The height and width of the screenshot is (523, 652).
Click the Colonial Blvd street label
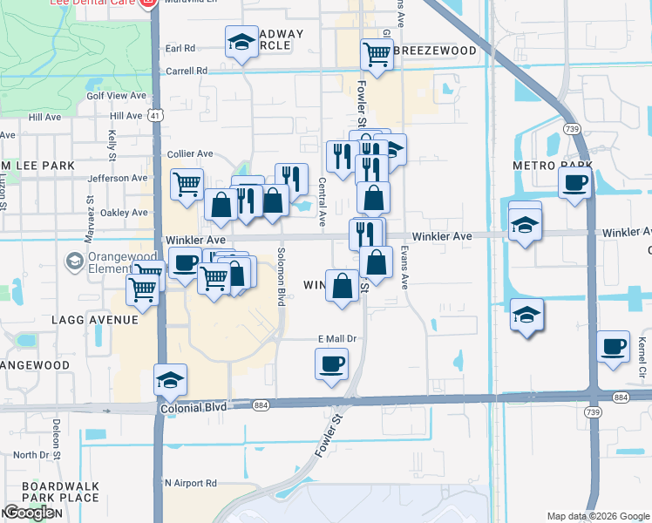194,407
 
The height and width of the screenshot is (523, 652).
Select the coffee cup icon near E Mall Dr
331,363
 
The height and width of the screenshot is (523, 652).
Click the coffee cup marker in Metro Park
574,183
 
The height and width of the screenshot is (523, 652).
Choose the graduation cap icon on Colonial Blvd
170,379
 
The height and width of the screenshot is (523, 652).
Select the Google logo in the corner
29,513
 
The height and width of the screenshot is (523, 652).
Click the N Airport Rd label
190,482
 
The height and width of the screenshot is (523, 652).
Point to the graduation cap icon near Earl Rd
241,41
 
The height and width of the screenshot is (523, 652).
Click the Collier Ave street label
191,153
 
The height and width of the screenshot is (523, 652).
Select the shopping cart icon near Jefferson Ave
187,184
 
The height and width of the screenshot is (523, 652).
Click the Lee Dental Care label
97,4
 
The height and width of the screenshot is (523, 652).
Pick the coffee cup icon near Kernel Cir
613,346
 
